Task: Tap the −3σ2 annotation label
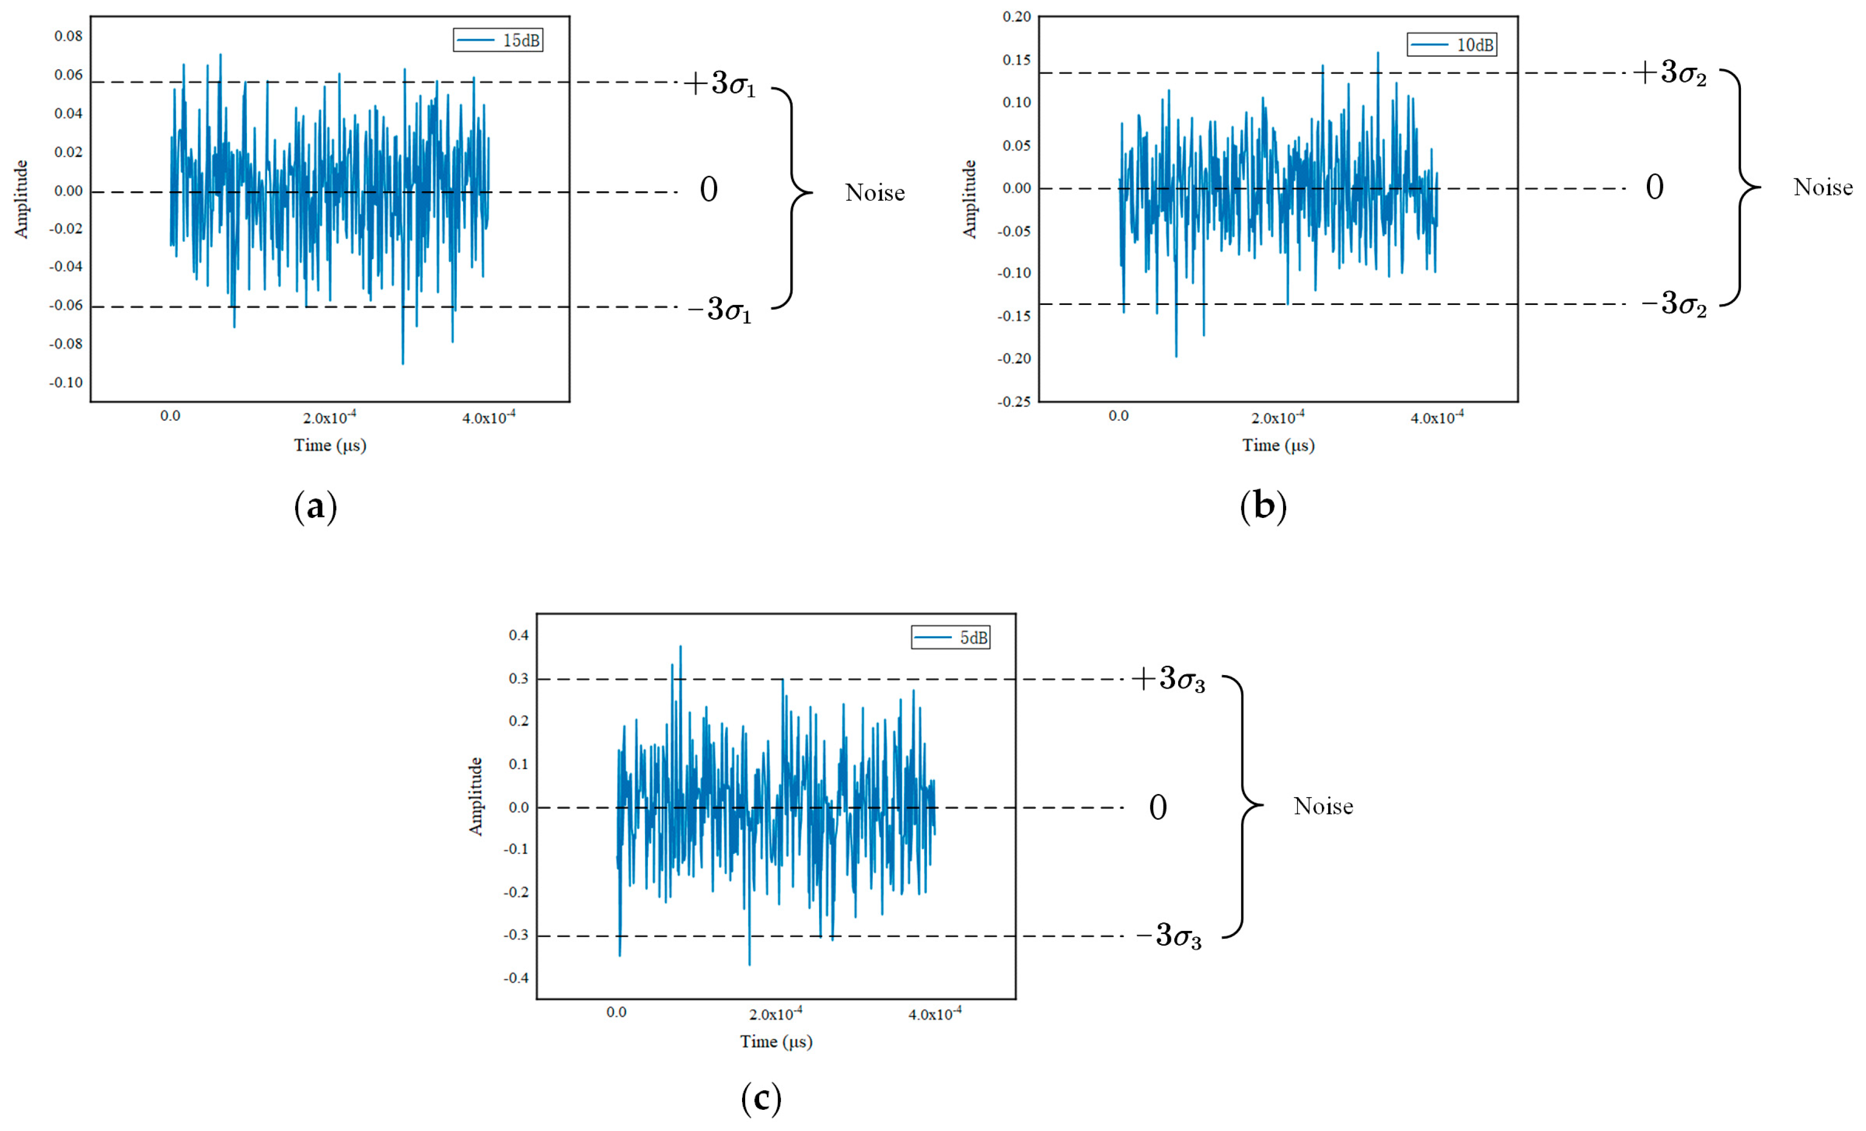click(1674, 304)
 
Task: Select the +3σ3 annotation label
click(1168, 679)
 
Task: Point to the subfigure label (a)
click(315, 506)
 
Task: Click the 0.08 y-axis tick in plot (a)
click(68, 36)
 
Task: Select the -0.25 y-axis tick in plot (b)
click(1013, 402)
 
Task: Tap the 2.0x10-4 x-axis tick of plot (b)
click(1277, 417)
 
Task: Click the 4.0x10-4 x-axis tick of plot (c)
click(934, 1014)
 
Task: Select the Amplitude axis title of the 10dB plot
click(969, 199)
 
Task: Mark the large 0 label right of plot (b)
click(1655, 187)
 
